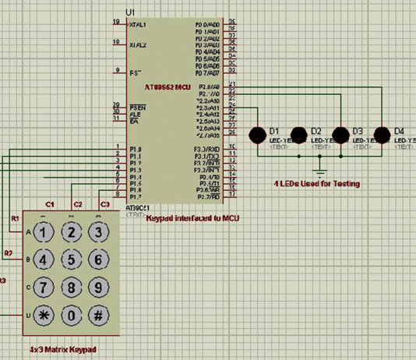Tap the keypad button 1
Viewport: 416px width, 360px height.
[x=45, y=231]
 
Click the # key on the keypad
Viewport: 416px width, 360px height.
[x=97, y=316]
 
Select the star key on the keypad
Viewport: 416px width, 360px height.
[x=45, y=316]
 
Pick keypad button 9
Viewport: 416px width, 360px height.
[x=97, y=288]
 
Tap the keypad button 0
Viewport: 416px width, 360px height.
[x=72, y=316]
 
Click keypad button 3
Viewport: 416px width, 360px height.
[x=97, y=231]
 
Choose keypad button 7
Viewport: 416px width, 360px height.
[x=45, y=288]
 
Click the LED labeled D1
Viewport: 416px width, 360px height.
[x=256, y=134]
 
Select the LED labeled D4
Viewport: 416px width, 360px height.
[x=382, y=134]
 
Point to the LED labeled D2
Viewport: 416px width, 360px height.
[x=298, y=134]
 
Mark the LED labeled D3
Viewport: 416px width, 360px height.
[x=340, y=134]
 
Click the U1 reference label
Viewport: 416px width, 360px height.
[x=129, y=13]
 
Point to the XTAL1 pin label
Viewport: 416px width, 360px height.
[x=138, y=25]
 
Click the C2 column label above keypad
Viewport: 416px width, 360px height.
[x=77, y=204]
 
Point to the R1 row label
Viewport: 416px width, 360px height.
[x=15, y=219]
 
